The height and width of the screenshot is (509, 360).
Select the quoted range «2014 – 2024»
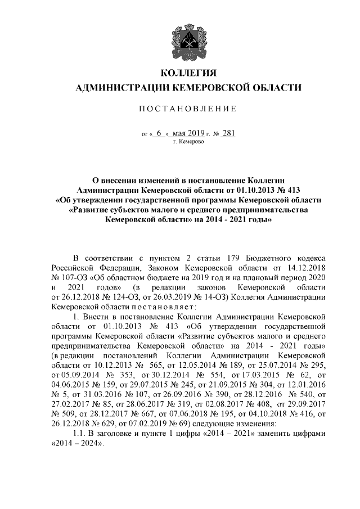[76, 443]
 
